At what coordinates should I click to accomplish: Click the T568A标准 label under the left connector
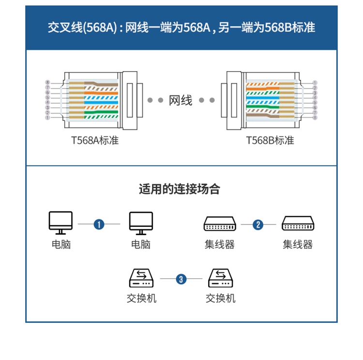click(95, 141)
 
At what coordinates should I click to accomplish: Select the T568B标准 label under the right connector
click(270, 141)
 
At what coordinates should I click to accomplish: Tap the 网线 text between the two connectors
click(181, 101)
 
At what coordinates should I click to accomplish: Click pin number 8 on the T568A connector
click(47, 83)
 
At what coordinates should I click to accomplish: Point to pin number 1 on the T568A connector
click(47, 118)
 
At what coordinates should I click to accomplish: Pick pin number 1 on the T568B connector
click(315, 83)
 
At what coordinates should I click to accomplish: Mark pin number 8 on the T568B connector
click(315, 118)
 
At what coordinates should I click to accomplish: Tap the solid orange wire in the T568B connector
click(264, 88)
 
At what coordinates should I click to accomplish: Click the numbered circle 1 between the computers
click(99, 224)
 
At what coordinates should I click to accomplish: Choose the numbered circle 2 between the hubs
click(258, 224)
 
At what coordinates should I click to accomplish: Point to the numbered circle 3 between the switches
click(181, 279)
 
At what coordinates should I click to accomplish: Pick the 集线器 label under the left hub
click(219, 244)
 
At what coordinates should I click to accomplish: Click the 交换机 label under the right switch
click(221, 298)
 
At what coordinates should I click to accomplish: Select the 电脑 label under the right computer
click(141, 244)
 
